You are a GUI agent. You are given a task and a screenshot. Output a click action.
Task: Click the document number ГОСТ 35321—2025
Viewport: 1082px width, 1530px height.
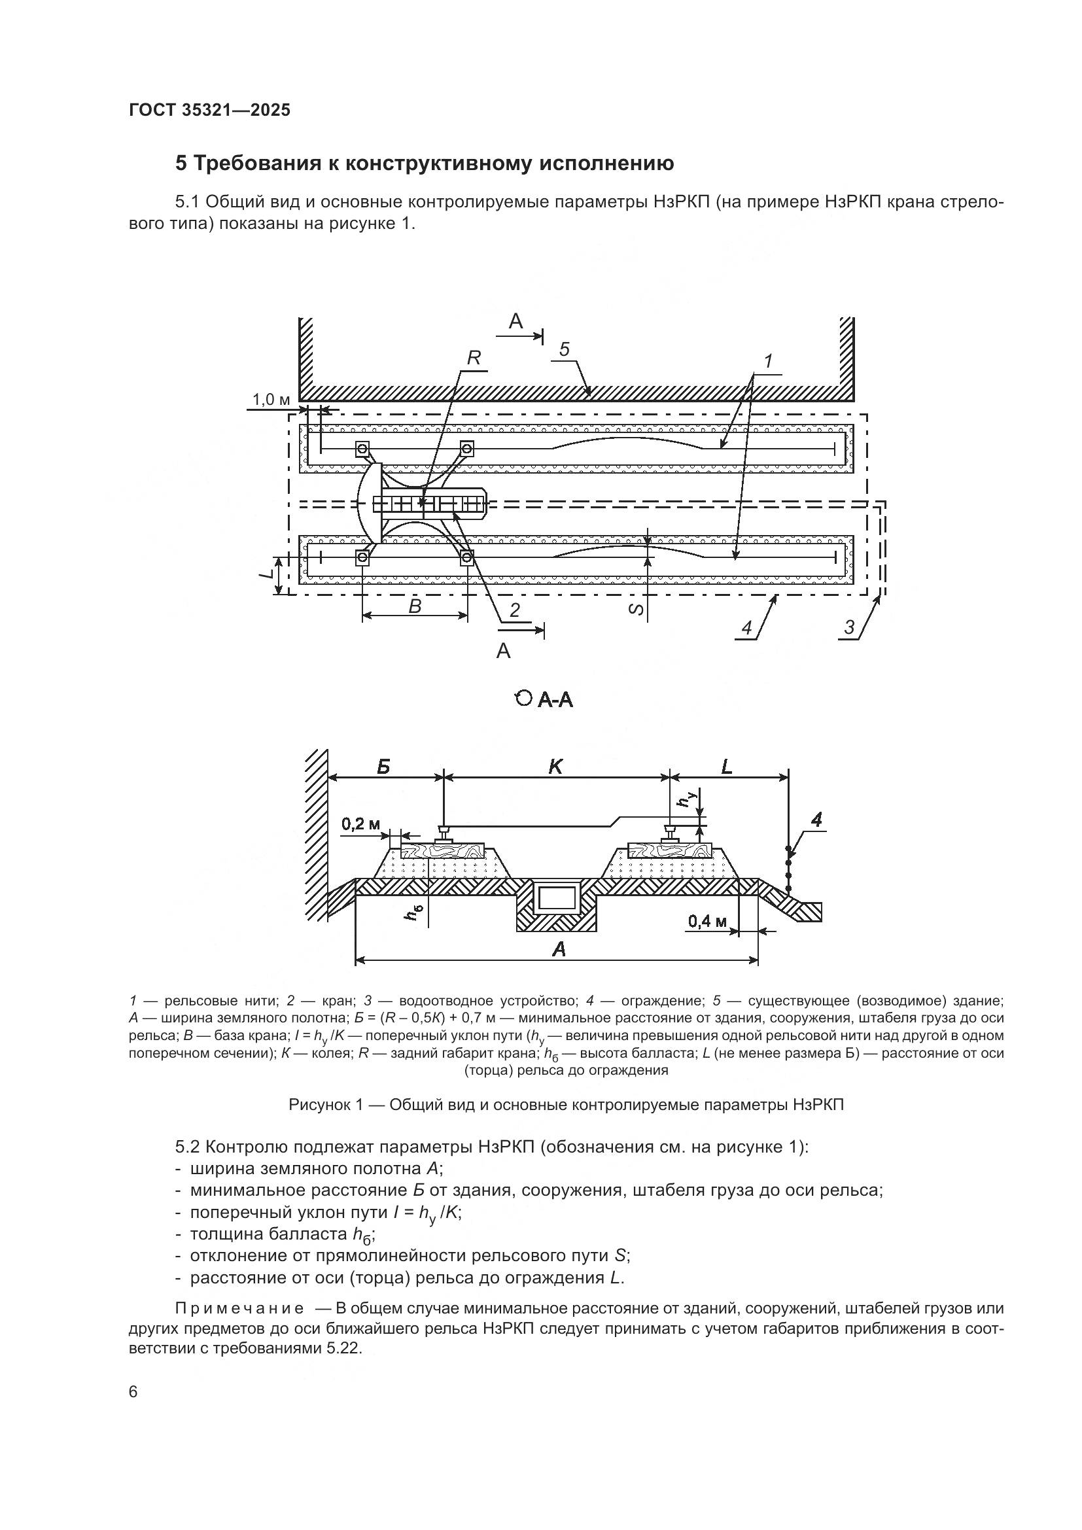(x=209, y=111)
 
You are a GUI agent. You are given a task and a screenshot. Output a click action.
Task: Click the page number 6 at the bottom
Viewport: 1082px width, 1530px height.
(x=133, y=1392)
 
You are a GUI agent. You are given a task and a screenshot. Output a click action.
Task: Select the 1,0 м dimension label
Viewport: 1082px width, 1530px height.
(x=271, y=400)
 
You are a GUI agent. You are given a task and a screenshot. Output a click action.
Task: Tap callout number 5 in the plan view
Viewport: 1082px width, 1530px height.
(x=565, y=349)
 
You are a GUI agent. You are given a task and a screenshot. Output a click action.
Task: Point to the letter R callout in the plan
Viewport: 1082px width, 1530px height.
(x=473, y=358)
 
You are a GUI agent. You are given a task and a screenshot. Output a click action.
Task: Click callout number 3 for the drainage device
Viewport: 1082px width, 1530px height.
(x=849, y=627)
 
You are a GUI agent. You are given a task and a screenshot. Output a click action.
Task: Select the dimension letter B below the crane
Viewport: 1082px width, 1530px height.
(x=414, y=606)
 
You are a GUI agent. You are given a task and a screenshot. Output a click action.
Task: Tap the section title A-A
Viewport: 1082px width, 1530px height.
(x=554, y=700)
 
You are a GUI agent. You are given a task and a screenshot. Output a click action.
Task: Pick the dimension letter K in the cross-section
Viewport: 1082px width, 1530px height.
(x=555, y=767)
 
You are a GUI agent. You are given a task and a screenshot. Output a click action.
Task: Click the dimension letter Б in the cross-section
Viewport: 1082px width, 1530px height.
(x=383, y=767)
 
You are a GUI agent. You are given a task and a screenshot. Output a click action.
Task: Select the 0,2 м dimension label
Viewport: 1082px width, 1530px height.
(x=360, y=824)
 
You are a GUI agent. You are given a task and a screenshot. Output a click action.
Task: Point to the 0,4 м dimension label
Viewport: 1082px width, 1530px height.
(x=708, y=922)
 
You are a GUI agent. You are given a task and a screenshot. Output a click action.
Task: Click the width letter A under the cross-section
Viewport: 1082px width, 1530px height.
(x=559, y=949)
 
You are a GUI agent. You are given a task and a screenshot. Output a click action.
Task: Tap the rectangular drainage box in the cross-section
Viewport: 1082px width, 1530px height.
(x=557, y=899)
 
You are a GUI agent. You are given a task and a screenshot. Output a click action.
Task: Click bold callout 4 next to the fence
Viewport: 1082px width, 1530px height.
(x=817, y=821)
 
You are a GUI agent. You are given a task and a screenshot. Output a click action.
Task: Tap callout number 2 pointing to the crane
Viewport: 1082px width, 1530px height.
(x=514, y=610)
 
